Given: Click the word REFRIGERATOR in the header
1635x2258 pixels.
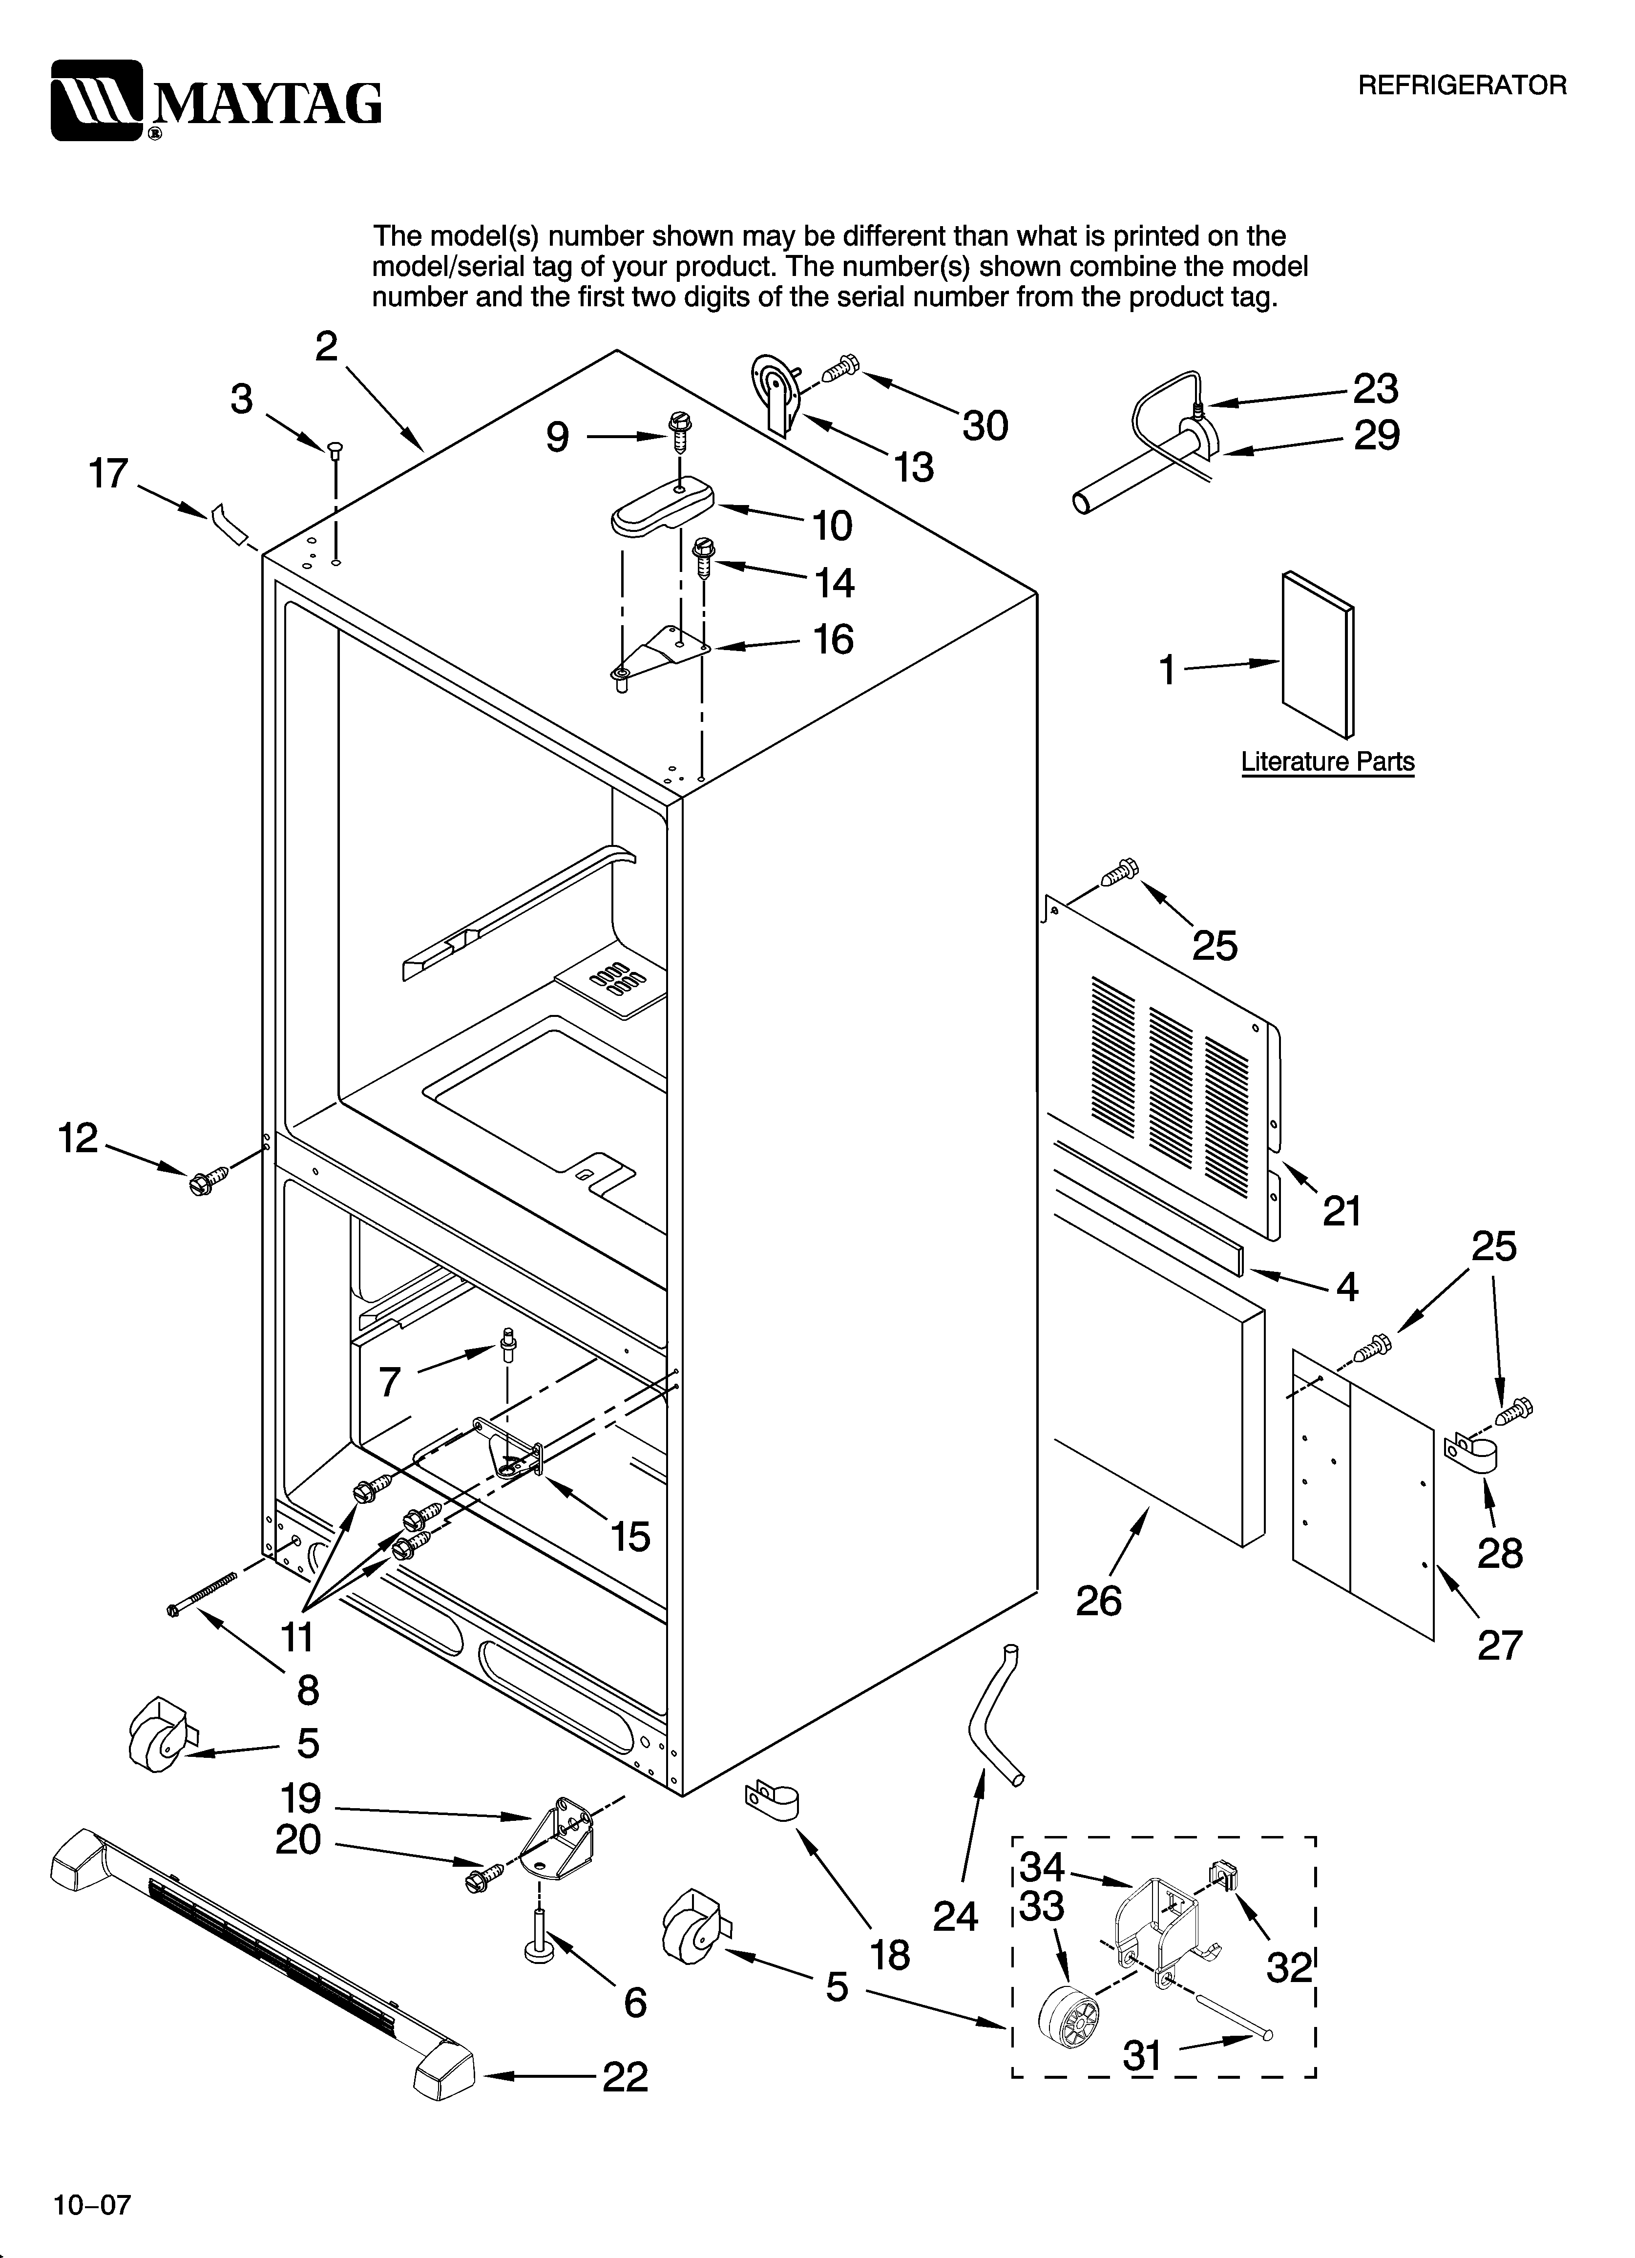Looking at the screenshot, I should pos(1462,85).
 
